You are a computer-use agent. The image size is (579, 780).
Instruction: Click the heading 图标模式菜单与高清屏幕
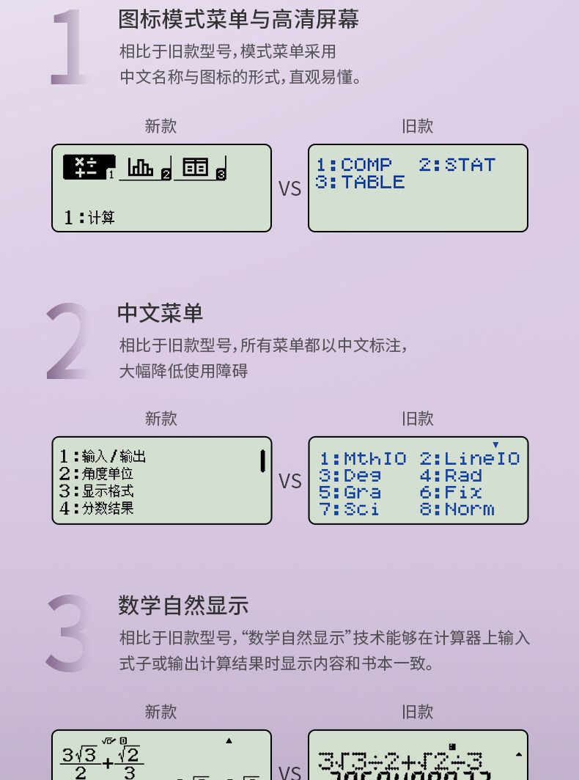[x=238, y=19]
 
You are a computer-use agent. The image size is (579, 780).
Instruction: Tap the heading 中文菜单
[x=160, y=313]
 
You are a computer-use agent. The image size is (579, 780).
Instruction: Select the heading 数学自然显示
[x=183, y=606]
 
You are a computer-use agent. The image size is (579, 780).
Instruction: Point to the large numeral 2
[x=70, y=342]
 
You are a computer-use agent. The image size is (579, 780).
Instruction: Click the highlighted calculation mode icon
[x=88, y=167]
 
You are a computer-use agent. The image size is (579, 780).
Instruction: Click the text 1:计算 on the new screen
[x=89, y=217]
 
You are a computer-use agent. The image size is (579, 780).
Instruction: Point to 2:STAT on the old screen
[x=457, y=165]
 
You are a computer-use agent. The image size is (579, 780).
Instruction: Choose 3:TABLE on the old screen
[x=360, y=182]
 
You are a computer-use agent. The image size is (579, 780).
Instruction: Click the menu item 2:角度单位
[x=96, y=474]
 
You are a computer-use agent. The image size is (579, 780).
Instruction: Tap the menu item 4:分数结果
[x=96, y=507]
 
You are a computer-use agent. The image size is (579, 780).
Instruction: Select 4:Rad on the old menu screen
[x=451, y=475]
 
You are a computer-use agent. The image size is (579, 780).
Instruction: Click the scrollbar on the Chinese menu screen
[x=262, y=461]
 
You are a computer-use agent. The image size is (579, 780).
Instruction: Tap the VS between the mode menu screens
[x=289, y=188]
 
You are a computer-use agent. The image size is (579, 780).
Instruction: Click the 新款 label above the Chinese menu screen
[x=161, y=419]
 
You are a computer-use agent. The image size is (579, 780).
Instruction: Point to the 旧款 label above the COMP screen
[x=417, y=126]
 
